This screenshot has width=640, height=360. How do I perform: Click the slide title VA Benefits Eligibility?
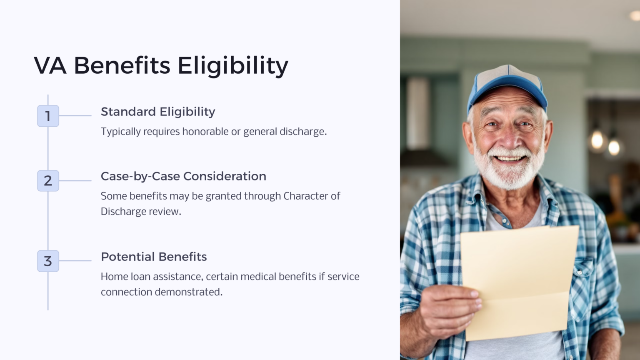161,66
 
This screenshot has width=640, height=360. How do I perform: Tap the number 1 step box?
48,116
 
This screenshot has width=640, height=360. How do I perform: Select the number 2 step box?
48,181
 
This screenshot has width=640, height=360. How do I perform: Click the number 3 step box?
48,261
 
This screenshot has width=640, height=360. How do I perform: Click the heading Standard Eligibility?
158,112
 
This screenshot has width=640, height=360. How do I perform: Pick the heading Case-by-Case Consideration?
183,176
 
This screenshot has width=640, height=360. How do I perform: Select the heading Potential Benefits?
154,257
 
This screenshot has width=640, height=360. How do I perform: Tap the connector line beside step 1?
75,116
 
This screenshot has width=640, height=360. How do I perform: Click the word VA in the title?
50,66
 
